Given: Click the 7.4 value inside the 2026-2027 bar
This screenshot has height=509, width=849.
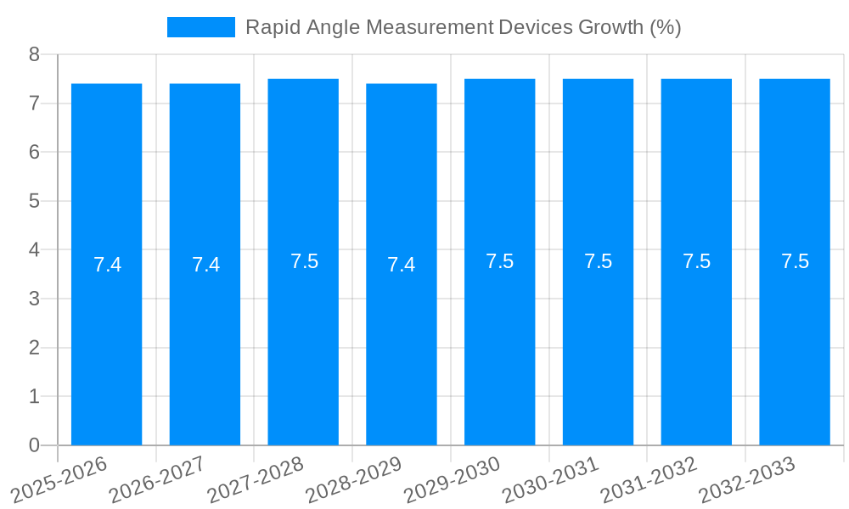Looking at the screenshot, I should click(x=205, y=265).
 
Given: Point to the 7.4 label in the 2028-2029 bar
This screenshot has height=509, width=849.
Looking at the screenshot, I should click(x=402, y=265).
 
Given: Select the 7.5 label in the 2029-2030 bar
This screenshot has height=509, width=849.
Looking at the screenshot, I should click(x=499, y=261).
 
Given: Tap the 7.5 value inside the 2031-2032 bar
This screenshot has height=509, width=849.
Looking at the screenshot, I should click(x=696, y=261).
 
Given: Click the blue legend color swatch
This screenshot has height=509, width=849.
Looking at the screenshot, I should click(x=201, y=27).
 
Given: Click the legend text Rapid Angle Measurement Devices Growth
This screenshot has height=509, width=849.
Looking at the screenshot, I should click(x=463, y=27).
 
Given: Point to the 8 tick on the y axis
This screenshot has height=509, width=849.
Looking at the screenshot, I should click(x=34, y=54).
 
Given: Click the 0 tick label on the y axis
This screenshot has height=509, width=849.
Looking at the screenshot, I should click(x=34, y=445).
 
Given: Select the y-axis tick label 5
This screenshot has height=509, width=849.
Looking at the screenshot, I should click(x=34, y=201).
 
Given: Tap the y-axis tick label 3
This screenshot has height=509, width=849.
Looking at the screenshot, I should click(x=34, y=299).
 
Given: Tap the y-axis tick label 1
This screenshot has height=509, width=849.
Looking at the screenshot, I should click(x=34, y=396).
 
